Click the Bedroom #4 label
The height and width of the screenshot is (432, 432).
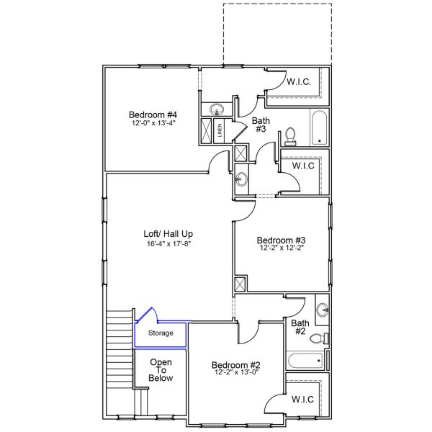[153, 114]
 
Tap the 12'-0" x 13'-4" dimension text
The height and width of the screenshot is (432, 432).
[153, 123]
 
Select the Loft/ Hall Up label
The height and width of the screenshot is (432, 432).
[168, 234]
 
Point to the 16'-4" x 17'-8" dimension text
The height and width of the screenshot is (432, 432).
[168, 243]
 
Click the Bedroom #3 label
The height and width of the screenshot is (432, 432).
[282, 240]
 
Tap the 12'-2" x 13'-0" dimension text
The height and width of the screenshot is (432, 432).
[235, 373]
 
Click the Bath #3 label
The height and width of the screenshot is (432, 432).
[261, 125]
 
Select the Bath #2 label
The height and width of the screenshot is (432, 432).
[300, 328]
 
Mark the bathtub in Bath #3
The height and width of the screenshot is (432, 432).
[319, 127]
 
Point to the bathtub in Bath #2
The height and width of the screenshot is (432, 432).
[305, 360]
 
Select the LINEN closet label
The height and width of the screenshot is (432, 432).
[220, 130]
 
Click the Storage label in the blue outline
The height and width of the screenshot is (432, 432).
[161, 333]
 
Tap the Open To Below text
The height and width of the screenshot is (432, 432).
[161, 370]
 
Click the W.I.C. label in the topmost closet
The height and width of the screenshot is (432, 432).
[299, 82]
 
